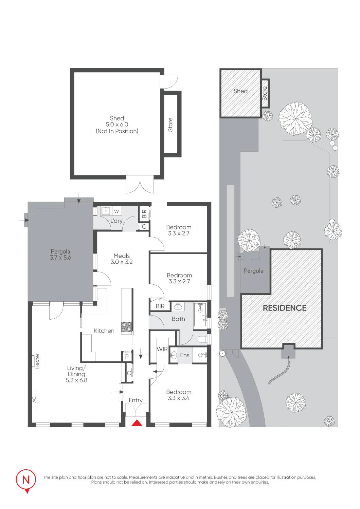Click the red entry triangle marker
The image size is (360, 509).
tap(137, 423)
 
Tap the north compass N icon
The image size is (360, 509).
tap(26, 480)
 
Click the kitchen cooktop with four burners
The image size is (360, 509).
tap(126, 327)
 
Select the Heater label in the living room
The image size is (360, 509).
tap(37, 361)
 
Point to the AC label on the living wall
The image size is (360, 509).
tap(34, 399)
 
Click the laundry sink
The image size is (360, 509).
tap(105, 211)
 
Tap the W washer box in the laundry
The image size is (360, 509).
tap(116, 211)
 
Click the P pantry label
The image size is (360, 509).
tap(127, 357)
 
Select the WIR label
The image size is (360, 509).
tap(162, 349)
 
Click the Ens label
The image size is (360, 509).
tap(185, 355)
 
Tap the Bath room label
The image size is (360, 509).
tap(178, 319)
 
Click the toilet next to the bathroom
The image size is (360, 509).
tap(202, 339)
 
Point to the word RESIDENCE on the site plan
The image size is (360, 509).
tap(285, 308)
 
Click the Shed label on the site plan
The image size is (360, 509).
tap(240, 91)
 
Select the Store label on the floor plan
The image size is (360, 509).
tap(170, 125)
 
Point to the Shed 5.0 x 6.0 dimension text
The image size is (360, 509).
tap(117, 124)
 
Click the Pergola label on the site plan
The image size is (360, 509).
tap(253, 271)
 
